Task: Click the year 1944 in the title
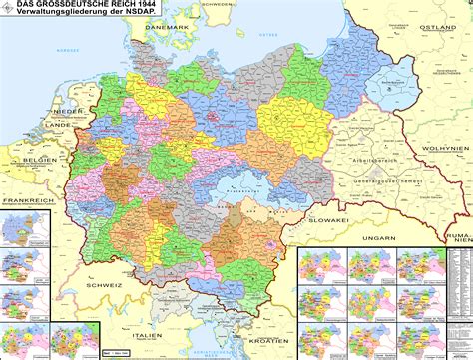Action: pos(142,6)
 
